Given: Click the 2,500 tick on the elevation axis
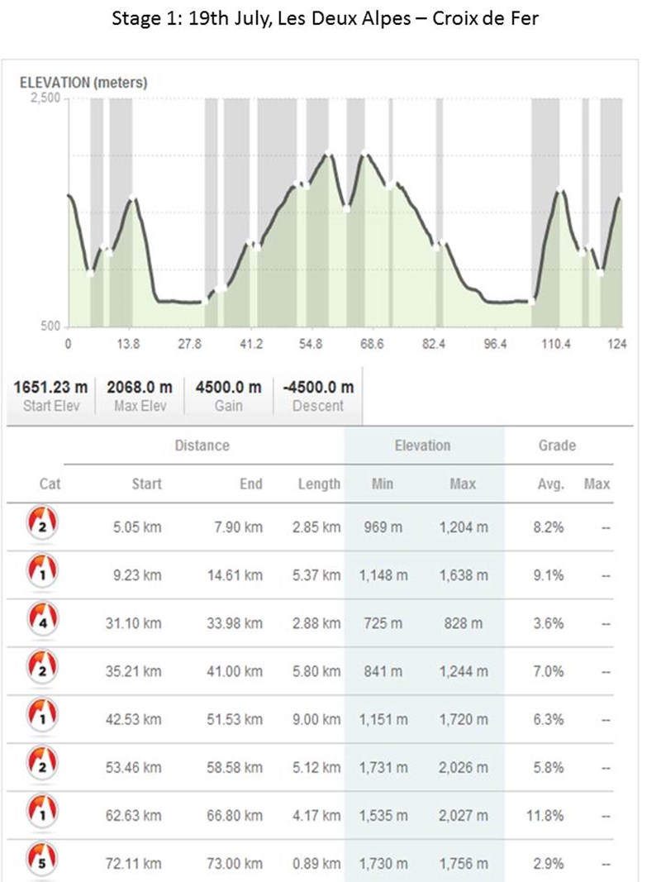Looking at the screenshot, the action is pos(45,98).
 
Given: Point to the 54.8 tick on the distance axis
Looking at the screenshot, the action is pos(311,343).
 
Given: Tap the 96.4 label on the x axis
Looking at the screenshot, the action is pos(495,343).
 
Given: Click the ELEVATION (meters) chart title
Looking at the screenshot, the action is pos(83,83).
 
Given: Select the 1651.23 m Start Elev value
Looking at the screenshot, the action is pos(50,387).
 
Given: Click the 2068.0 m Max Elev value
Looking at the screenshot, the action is pos(140,387).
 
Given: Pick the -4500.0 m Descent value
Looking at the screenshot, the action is pos(318,387).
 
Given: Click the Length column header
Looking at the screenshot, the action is pos(319,484).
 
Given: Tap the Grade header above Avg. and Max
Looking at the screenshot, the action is pos(557,446).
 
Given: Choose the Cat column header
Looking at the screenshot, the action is pos(50,484).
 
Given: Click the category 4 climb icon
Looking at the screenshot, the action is pos(42,618).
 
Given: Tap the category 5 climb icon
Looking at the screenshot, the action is pos(42,858).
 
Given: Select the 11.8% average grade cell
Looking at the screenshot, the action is pos(544,816).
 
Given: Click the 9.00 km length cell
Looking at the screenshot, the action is pos(316,719).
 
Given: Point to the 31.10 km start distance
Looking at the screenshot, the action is pos(133,623).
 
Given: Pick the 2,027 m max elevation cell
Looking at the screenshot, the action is pos(464,816).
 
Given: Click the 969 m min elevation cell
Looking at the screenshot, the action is pos(383,527).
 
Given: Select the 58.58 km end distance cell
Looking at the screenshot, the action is pos(235,768).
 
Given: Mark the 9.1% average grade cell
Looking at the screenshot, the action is pos(548,575).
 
